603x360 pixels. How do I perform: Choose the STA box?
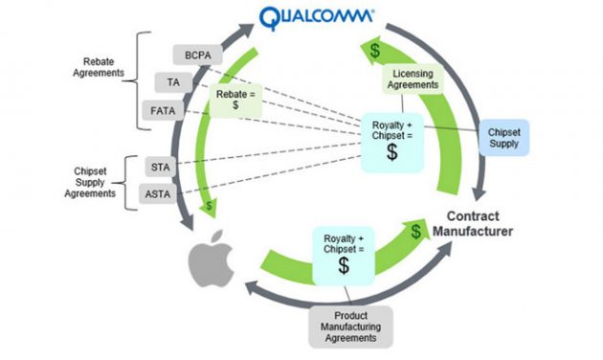(160, 167)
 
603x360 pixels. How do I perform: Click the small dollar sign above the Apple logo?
(210, 205)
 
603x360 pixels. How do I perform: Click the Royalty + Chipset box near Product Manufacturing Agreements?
(343, 252)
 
